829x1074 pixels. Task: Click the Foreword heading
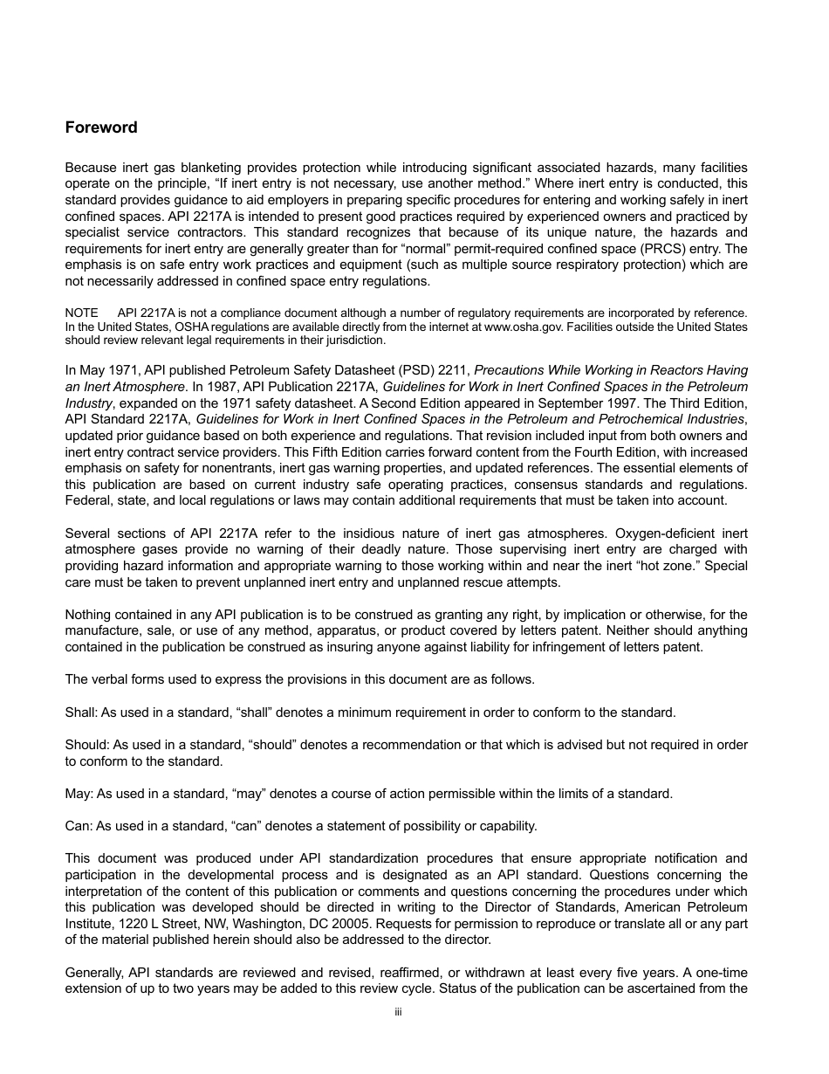click(101, 127)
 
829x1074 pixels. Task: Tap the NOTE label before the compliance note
click(81, 313)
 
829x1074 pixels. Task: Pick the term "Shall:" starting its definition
click(81, 713)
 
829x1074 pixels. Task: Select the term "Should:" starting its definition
click(86, 745)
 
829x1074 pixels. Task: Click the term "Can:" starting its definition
click(79, 826)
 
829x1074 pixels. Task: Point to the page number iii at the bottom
click(397, 1013)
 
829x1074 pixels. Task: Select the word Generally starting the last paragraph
click(95, 973)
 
